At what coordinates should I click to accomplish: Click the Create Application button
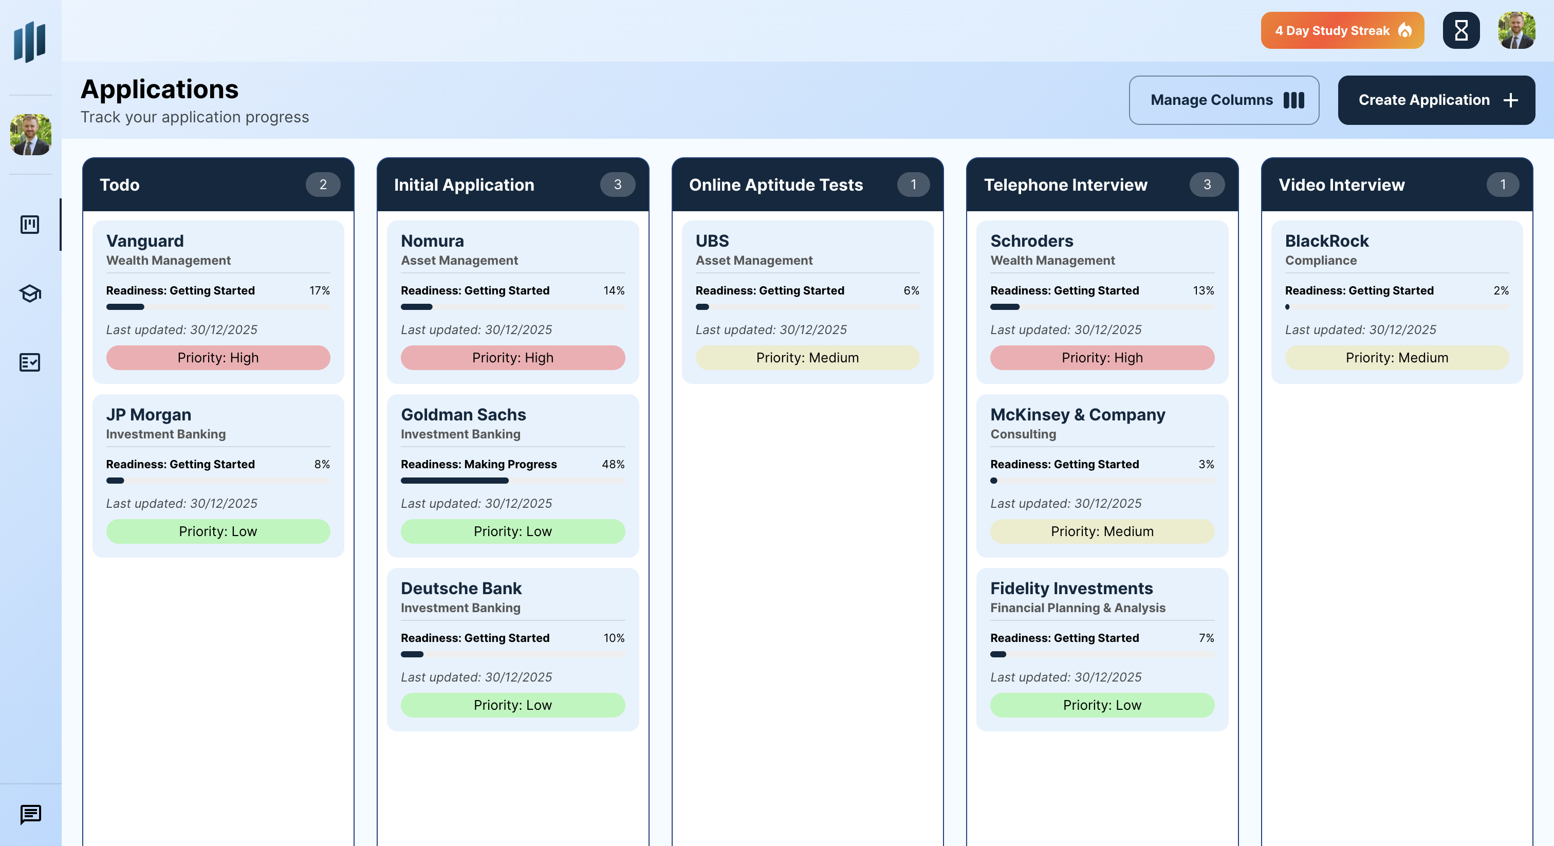[1436, 100]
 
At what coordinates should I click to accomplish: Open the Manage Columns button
[1224, 100]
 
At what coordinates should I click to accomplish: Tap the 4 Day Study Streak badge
[1342, 31]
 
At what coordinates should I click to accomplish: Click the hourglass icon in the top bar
[1460, 31]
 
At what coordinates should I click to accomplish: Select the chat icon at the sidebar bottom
[30, 814]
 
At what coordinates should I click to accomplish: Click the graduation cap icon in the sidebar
[30, 293]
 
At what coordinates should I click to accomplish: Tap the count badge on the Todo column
[323, 185]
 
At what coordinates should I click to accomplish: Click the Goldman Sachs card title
[464, 415]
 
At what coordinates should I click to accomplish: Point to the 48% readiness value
[613, 464]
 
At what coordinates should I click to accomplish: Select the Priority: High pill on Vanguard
[218, 358]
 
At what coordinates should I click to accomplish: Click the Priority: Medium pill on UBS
[807, 358]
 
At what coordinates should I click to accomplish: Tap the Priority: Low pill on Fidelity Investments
[1102, 705]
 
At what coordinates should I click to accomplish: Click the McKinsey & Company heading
[1078, 415]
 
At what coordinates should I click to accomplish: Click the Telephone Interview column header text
[1065, 185]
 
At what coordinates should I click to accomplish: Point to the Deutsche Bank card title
[461, 588]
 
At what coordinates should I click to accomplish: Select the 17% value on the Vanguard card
[320, 290]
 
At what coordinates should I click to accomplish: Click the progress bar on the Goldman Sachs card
[512, 481]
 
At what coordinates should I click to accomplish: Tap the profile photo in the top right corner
[1516, 31]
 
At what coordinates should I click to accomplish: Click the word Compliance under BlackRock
[1321, 260]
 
